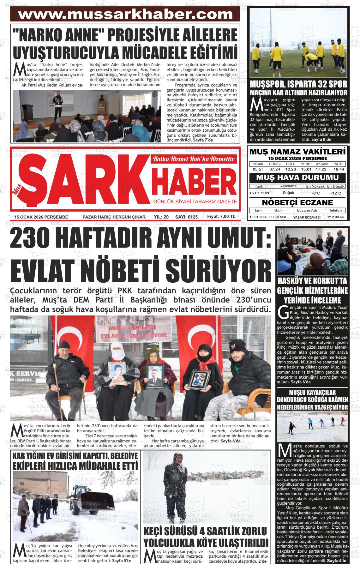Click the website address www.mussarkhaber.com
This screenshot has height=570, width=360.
coord(125,15)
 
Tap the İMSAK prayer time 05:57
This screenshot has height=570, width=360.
coord(258,169)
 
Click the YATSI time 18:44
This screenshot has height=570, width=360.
coord(339,169)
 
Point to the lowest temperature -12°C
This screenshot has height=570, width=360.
coord(336,193)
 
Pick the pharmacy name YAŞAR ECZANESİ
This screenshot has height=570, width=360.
coord(307,217)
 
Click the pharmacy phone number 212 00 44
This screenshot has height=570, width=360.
coord(336,217)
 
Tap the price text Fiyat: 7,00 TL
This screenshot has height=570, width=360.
coord(221,217)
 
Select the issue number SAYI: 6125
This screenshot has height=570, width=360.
coord(186,217)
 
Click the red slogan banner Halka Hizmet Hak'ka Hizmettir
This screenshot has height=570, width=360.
coord(194,159)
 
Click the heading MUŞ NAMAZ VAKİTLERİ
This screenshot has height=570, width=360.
coord(297,152)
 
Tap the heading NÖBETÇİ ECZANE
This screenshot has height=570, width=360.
coord(297,202)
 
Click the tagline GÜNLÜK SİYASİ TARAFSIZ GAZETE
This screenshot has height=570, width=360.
coord(195,201)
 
